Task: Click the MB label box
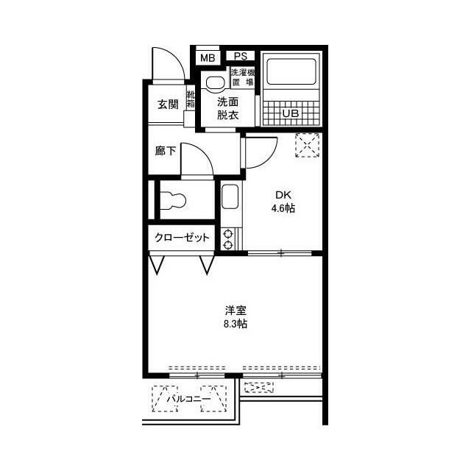(208, 57)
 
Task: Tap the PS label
(241, 56)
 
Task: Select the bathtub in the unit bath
(291, 71)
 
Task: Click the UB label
(291, 113)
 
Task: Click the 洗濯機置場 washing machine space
(243, 77)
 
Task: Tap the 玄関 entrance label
(168, 105)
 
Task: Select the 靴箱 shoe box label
(191, 100)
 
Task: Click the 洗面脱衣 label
(227, 108)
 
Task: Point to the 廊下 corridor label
(166, 151)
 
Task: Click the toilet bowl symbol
(173, 199)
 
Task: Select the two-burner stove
(228, 239)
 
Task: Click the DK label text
(283, 195)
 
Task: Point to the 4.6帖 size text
(283, 208)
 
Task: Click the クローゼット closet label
(182, 238)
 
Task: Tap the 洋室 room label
(235, 311)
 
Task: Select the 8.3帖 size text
(235, 324)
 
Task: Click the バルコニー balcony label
(188, 399)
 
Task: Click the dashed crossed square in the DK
(308, 146)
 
